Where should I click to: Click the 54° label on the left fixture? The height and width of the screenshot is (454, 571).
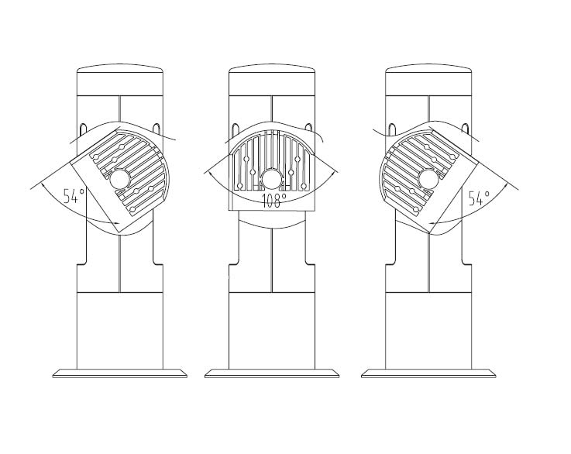74,196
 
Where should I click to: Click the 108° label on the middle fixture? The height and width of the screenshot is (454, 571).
273,201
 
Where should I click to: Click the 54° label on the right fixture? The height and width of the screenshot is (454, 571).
479,198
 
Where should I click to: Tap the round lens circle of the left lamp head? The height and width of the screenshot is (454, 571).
119,179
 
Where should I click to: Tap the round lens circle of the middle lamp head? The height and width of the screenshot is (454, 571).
272,179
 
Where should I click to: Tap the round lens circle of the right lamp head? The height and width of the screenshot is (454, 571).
428,179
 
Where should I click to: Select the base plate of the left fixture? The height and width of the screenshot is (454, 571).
120,373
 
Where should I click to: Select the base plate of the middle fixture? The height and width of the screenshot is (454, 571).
272,373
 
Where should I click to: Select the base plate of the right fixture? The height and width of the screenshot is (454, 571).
428,373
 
